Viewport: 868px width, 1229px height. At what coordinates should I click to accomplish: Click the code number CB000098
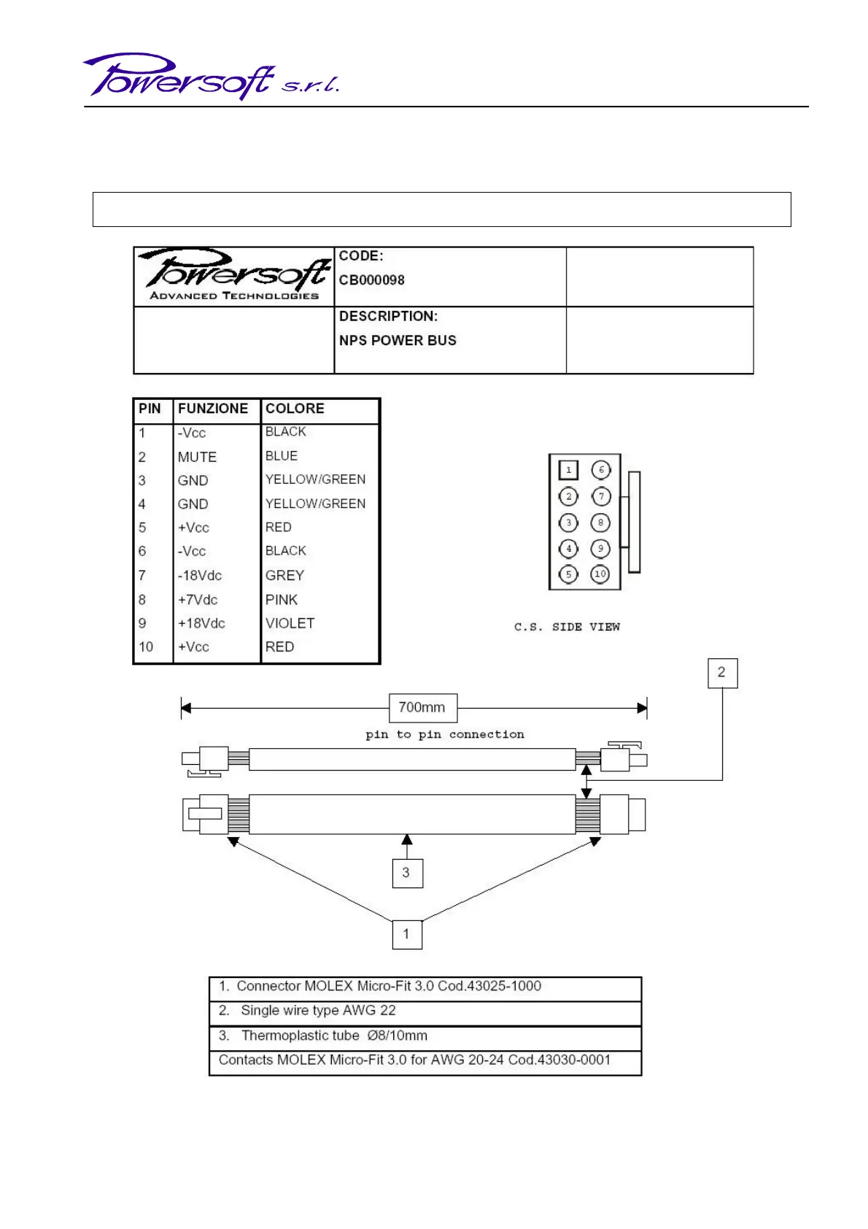[x=371, y=280]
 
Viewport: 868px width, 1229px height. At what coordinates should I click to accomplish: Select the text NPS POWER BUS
[x=398, y=341]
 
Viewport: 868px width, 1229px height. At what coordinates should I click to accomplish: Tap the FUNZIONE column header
[x=213, y=409]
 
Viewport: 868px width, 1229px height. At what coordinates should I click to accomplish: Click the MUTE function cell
[x=197, y=457]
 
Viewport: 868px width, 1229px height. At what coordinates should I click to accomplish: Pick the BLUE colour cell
[x=282, y=456]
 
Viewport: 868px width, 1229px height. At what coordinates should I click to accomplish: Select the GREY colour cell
[x=284, y=576]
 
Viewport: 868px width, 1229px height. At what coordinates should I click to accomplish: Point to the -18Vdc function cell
[x=200, y=576]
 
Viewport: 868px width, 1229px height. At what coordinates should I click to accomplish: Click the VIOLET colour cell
[x=290, y=623]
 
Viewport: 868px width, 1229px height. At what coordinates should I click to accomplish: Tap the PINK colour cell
[x=282, y=600]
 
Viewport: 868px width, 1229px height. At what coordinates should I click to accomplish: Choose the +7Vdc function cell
[x=198, y=600]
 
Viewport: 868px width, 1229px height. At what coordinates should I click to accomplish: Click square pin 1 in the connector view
[x=568, y=470]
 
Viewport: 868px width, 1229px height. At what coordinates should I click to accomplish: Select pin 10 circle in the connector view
[x=600, y=574]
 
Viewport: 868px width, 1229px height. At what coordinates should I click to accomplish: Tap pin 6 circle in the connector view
[x=601, y=470]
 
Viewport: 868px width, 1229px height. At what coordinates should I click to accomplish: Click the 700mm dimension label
[x=422, y=707]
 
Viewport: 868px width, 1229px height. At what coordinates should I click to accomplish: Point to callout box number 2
[x=722, y=673]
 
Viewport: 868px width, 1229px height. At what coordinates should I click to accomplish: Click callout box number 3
[x=407, y=873]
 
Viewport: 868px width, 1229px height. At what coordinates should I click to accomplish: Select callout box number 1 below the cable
[x=407, y=934]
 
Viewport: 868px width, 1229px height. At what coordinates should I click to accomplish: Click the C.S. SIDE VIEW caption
[x=567, y=627]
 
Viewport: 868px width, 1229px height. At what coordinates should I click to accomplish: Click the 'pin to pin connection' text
[x=445, y=735]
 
